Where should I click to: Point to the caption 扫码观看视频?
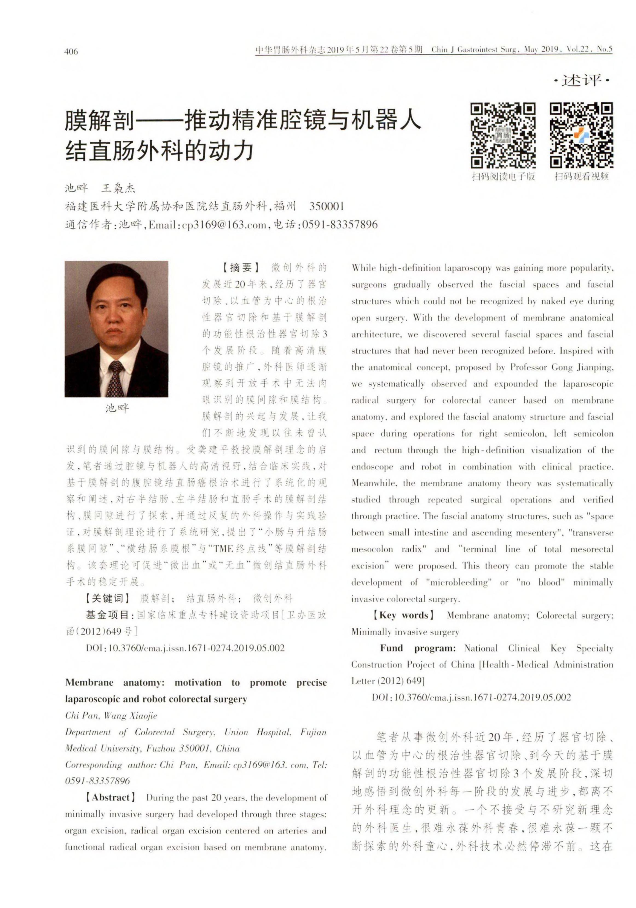[x=582, y=176]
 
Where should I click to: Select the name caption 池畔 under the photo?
[x=117, y=408]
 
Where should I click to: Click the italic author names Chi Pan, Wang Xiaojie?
[x=111, y=715]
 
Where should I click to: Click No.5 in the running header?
[x=604, y=50]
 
